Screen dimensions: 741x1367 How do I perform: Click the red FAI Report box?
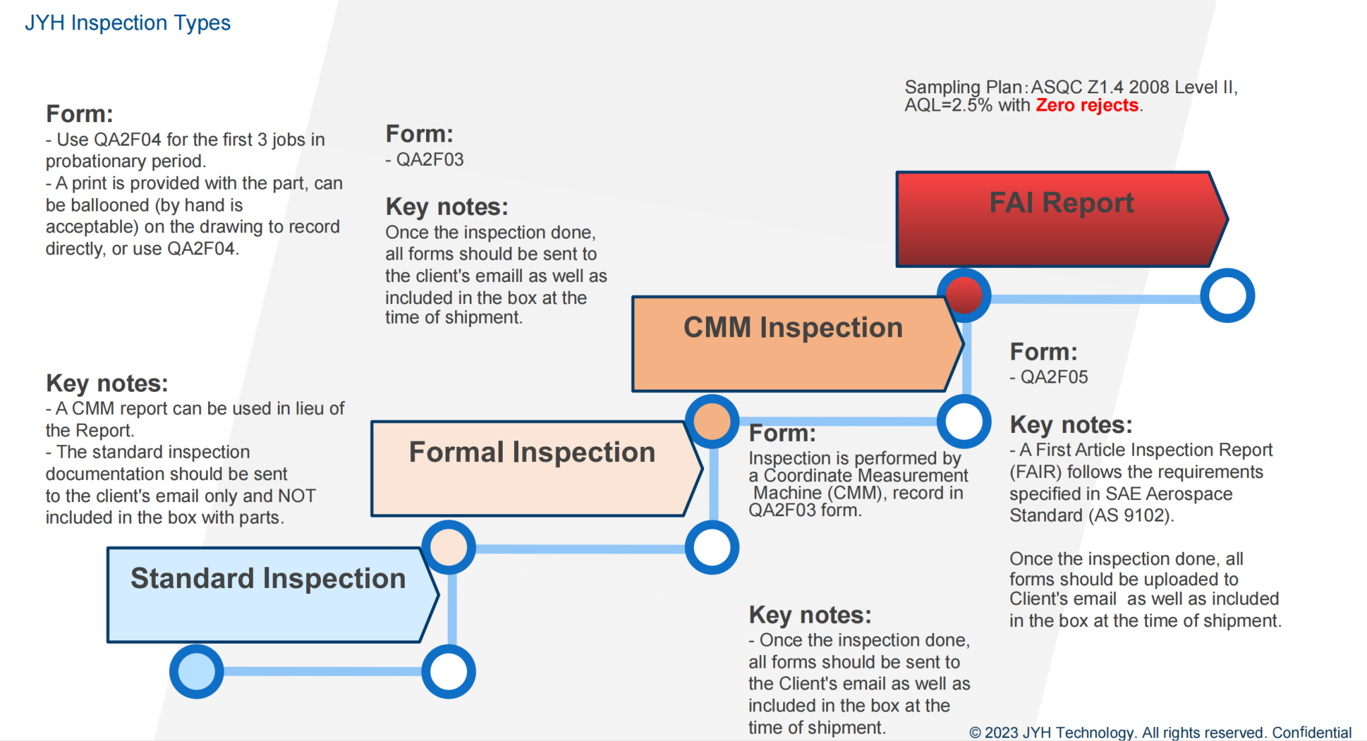(x=1060, y=219)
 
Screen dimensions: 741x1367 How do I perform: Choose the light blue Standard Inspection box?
(x=268, y=595)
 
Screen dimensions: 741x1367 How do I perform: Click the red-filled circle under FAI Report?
(x=964, y=295)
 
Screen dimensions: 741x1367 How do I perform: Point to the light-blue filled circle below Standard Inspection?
(x=197, y=671)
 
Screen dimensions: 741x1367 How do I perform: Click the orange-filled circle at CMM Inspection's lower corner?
(x=712, y=422)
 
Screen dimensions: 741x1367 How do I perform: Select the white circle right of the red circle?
(x=1227, y=295)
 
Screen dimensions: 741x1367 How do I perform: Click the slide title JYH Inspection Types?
(x=128, y=23)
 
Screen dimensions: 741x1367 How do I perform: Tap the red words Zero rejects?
(x=1086, y=105)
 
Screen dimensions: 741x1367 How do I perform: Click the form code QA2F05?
(x=1054, y=377)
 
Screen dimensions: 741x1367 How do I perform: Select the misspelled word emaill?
(x=547, y=276)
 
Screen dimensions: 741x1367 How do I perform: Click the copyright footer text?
(x=1160, y=732)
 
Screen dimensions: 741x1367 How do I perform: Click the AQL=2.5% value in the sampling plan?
(x=948, y=105)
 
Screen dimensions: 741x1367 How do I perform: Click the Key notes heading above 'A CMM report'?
(x=107, y=383)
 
